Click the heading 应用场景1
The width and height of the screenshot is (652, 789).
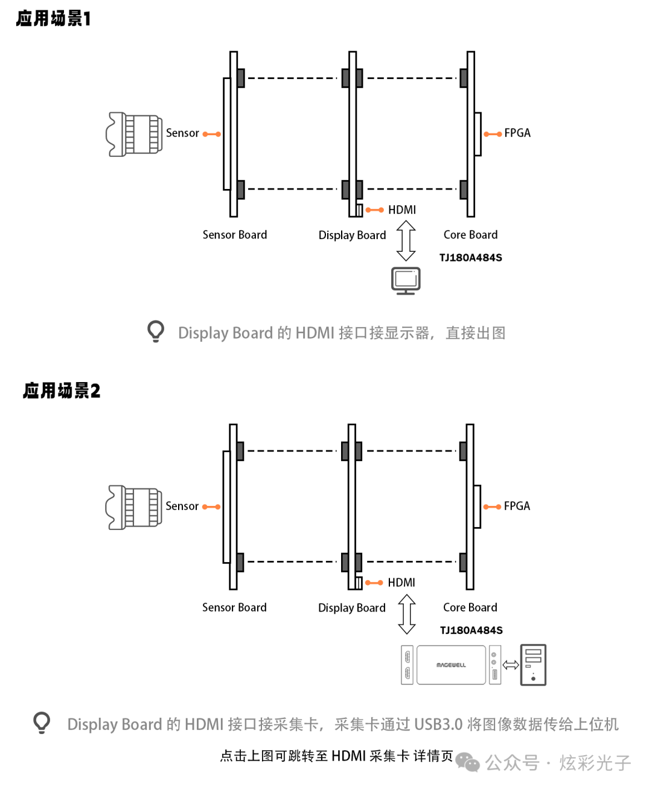(x=53, y=19)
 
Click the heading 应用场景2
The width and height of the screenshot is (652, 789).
(x=62, y=391)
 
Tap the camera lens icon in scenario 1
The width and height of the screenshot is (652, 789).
(x=135, y=133)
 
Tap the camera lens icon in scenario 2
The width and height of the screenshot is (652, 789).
(x=134, y=507)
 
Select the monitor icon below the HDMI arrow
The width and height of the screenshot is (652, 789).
(x=406, y=280)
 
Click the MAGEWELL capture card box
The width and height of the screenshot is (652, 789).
(x=451, y=665)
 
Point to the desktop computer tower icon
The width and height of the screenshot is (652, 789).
(x=533, y=665)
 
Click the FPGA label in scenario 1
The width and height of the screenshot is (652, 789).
(x=517, y=133)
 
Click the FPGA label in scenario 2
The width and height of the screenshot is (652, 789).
(x=517, y=506)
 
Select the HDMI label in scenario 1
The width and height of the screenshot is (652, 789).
(x=402, y=210)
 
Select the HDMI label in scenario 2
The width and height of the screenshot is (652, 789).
(x=401, y=583)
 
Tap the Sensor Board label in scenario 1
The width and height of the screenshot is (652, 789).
(x=235, y=235)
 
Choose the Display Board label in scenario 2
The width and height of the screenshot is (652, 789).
(x=352, y=608)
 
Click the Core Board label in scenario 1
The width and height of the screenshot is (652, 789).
(x=471, y=235)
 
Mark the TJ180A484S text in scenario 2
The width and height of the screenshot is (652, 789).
(x=471, y=630)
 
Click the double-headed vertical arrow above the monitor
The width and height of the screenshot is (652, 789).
(x=406, y=240)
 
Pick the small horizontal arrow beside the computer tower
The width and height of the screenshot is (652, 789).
(x=511, y=665)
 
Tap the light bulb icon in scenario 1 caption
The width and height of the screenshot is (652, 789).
(x=156, y=331)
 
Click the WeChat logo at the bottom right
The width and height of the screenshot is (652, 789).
(x=467, y=762)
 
